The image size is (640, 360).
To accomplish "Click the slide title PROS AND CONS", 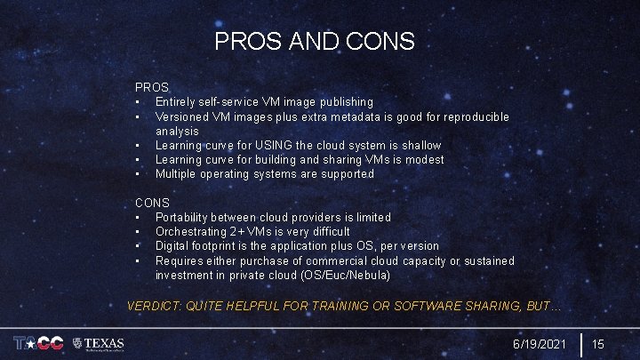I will click(315, 41).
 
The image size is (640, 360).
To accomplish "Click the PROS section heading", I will click(152, 87).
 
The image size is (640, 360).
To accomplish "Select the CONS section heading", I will click(152, 203).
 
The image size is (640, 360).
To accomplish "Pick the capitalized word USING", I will click(272, 145).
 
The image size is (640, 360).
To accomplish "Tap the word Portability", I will click(185, 217).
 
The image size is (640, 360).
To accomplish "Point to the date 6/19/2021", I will click(539, 343).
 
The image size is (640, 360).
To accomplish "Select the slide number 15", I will click(598, 343).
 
